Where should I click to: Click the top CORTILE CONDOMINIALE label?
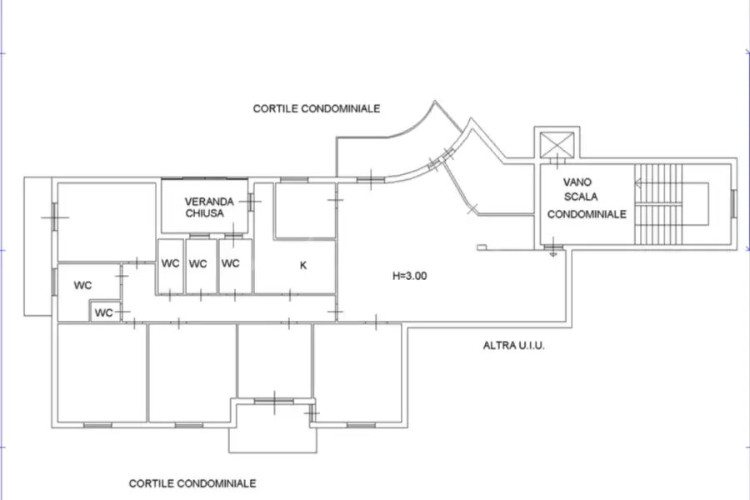pyautogui.click(x=317, y=108)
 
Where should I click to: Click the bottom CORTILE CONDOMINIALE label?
pyautogui.click(x=192, y=483)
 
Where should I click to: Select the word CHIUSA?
pyautogui.click(x=204, y=213)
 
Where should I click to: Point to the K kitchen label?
pyautogui.click(x=304, y=266)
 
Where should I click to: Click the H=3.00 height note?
pyautogui.click(x=410, y=276)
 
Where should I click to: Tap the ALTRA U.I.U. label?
pyautogui.click(x=513, y=344)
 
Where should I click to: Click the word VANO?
pyautogui.click(x=577, y=182)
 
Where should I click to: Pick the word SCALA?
pyautogui.click(x=580, y=197)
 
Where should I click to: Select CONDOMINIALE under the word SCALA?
pyautogui.click(x=587, y=214)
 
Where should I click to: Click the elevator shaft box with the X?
pyautogui.click(x=552, y=145)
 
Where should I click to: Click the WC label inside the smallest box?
pyautogui.click(x=103, y=313)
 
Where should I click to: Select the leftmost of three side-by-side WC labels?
pyautogui.click(x=171, y=264)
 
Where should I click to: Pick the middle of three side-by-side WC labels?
pyautogui.click(x=197, y=264)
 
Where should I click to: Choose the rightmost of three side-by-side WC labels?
pyautogui.click(x=231, y=264)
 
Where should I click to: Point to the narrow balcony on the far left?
pyautogui.click(x=37, y=246)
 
